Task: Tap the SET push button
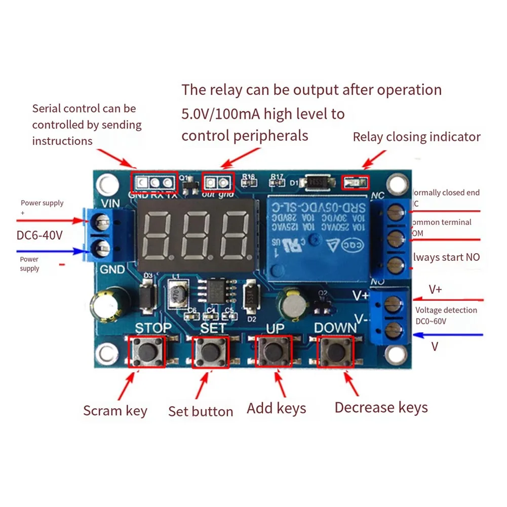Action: click(209, 351)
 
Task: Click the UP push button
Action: click(274, 351)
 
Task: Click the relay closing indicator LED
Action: click(356, 181)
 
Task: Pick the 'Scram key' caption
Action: click(115, 410)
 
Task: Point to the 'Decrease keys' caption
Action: click(381, 407)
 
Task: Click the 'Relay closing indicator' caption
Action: click(416, 137)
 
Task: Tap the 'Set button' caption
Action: click(201, 411)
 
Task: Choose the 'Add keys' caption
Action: click(276, 408)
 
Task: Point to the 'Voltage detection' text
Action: click(446, 310)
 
